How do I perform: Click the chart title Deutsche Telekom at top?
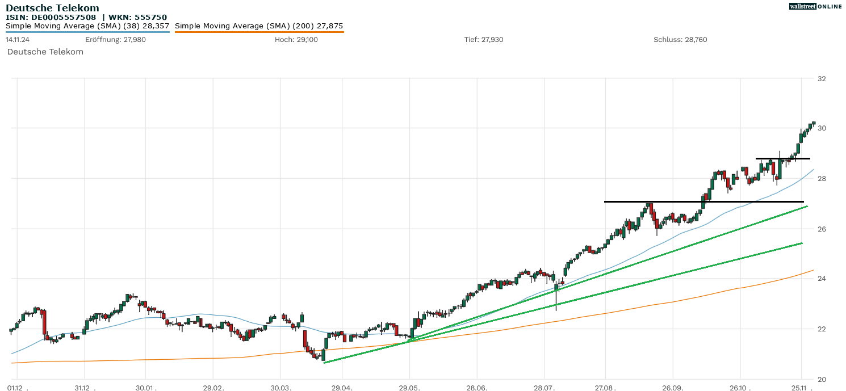tap(52, 8)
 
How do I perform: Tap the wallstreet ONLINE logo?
tap(815, 6)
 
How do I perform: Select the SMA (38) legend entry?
tap(87, 26)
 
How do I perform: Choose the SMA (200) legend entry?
tap(259, 26)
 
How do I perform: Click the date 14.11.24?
tap(18, 40)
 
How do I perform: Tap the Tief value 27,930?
tap(492, 40)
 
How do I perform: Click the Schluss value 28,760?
tap(696, 40)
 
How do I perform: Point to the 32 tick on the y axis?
tap(822, 78)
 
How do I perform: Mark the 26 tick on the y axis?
tap(822, 229)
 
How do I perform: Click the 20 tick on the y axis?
tap(822, 379)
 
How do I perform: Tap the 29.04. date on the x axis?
tap(341, 387)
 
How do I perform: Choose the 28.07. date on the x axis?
tap(544, 387)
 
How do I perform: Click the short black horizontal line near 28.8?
tap(782, 158)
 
